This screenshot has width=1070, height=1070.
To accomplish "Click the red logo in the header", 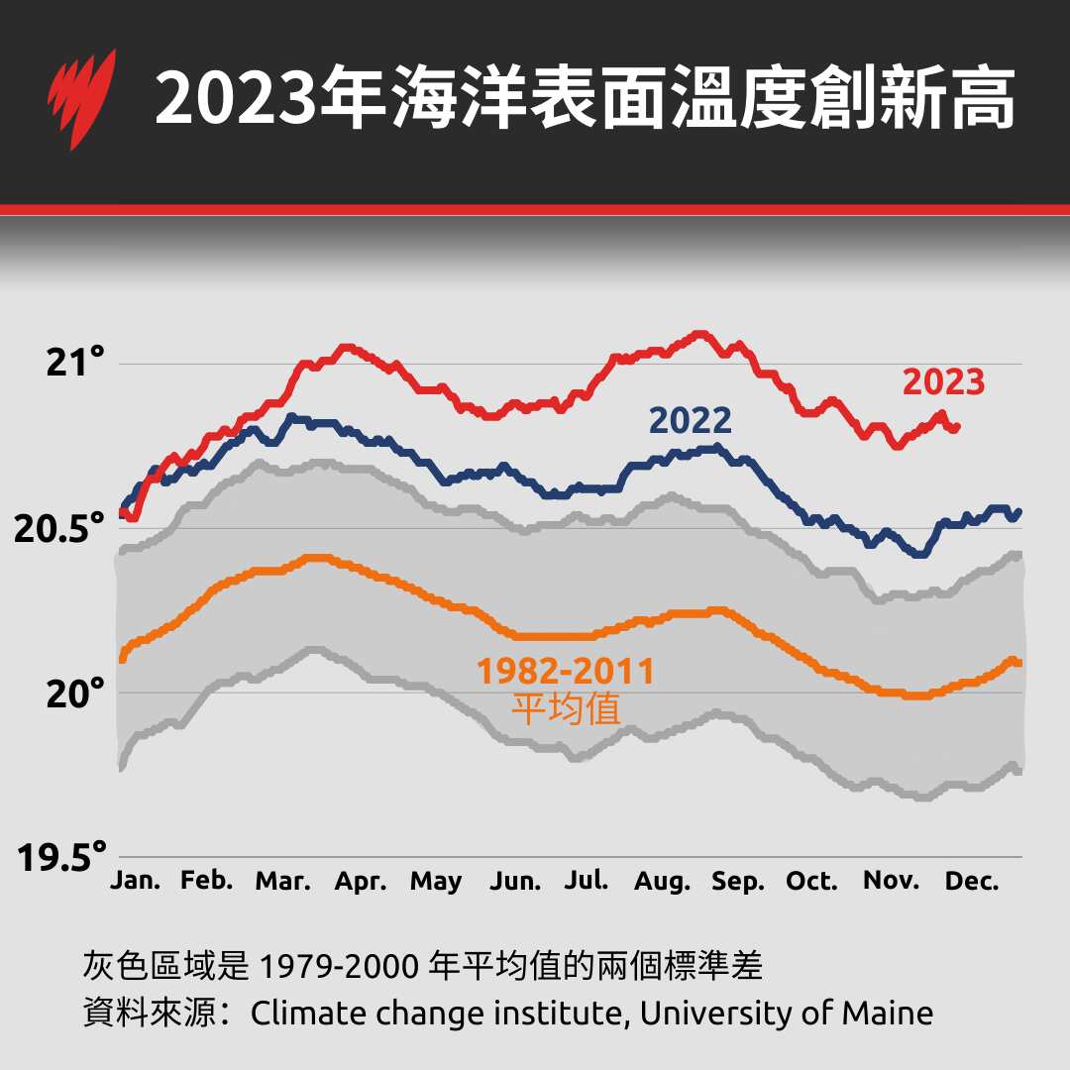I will pyautogui.click(x=80, y=99).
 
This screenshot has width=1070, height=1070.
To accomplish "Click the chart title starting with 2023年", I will pyautogui.click(x=585, y=99).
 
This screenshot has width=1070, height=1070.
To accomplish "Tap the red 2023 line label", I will pyautogui.click(x=943, y=382).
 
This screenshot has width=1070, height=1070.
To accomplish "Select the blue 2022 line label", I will pyautogui.click(x=691, y=421).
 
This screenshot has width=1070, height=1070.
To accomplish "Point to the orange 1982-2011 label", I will pyautogui.click(x=566, y=672).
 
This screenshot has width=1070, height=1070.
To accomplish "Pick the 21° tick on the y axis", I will pyautogui.click(x=76, y=364).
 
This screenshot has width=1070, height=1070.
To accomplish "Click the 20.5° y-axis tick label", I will pyautogui.click(x=59, y=529).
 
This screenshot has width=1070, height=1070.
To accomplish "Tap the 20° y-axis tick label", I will pyautogui.click(x=76, y=694).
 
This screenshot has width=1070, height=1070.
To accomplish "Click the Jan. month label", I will pyautogui.click(x=136, y=881).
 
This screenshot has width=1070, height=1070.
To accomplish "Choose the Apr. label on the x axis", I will pyautogui.click(x=361, y=882).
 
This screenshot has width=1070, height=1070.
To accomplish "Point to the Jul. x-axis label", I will pyautogui.click(x=587, y=881).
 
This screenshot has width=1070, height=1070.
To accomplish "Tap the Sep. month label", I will pyautogui.click(x=738, y=882).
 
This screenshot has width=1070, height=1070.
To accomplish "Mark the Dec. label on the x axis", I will pyautogui.click(x=973, y=881).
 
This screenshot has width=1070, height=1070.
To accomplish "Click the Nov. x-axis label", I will pyautogui.click(x=892, y=881).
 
